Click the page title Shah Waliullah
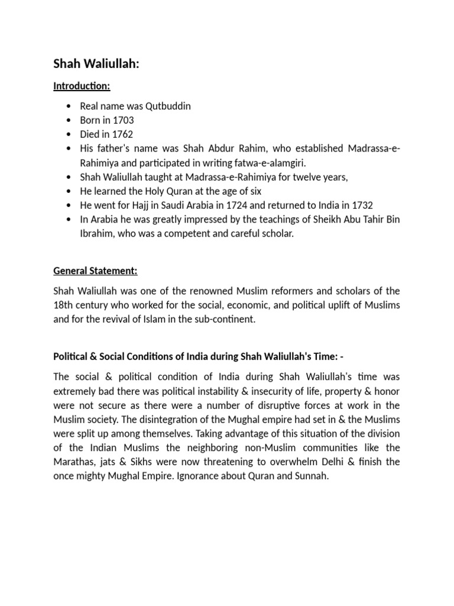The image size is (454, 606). point(96,64)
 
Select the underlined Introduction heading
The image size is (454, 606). point(82,86)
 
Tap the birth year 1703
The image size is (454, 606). point(123,120)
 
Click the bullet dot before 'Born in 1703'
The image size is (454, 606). point(70,121)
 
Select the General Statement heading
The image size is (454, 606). point(95,271)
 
